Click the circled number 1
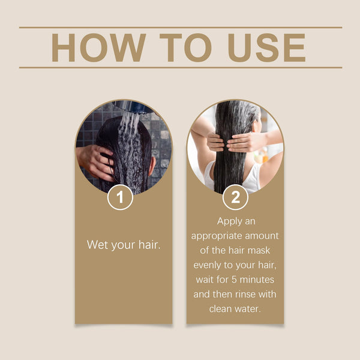click(120, 198)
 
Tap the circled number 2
click(235, 198)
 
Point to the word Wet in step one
click(98, 245)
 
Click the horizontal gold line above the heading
click(180, 27)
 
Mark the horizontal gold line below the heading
click(180, 67)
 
